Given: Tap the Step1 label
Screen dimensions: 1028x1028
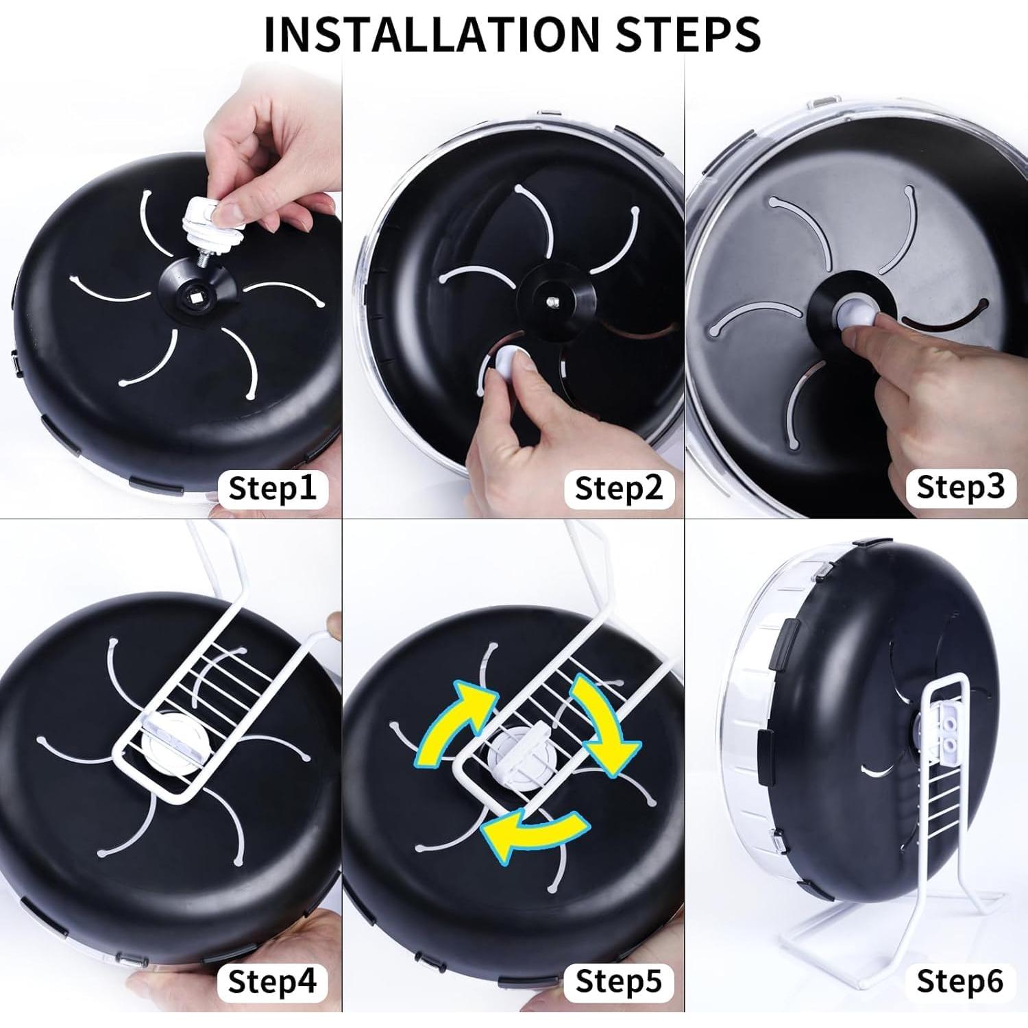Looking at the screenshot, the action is point(273,489).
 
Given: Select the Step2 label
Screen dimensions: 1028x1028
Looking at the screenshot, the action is point(619,489).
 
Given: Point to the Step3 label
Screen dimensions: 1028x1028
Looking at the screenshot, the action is point(961,487).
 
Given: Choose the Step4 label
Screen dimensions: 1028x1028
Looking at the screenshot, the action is point(273,981).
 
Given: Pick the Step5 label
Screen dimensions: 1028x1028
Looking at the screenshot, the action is point(619,981).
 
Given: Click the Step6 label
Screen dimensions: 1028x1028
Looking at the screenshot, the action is point(961,981).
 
